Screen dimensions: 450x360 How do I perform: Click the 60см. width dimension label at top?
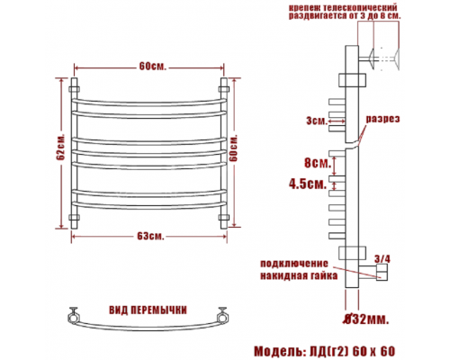(152, 67)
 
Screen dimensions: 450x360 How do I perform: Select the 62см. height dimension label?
(61, 147)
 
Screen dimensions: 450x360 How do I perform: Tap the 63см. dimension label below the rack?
(151, 237)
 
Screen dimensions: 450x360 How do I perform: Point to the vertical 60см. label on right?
(233, 148)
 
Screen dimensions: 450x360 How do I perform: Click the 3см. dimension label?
(317, 121)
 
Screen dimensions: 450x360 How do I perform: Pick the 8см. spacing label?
(318, 163)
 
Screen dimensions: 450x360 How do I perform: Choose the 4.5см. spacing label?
(308, 184)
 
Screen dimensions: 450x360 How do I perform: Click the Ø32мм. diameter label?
(366, 319)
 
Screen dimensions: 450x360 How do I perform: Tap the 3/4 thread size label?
(382, 259)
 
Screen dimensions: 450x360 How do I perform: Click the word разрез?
(382, 119)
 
